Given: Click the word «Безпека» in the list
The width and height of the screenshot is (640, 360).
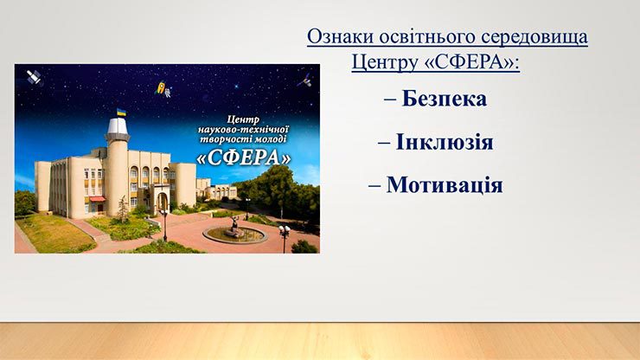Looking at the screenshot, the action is tap(444, 99).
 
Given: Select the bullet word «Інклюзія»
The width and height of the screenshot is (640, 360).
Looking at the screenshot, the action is tap(445, 142).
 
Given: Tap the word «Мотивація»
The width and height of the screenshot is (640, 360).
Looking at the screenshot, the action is tap(445, 184).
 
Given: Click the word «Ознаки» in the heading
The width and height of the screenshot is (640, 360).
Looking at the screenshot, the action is tap(341, 36).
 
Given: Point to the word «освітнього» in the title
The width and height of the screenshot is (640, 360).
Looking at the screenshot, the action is tap(428, 37).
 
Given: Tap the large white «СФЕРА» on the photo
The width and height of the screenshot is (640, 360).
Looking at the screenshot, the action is tap(244, 157).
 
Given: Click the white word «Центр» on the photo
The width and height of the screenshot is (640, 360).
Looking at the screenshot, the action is tap(243, 119).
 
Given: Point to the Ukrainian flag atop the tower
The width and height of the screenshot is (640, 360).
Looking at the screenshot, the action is tap(121, 112).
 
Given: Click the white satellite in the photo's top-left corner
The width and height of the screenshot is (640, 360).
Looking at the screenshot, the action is tap(35, 77).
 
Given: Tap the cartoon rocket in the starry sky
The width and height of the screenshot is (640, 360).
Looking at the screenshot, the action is tap(160, 87).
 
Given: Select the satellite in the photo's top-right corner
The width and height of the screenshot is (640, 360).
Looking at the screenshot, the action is tap(305, 80).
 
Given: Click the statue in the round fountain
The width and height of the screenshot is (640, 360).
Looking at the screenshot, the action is tap(235, 227).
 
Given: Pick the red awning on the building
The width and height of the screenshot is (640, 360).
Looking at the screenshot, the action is tap(97, 199).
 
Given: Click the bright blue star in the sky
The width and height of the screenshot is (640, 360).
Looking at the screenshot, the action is tap(235, 87).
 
